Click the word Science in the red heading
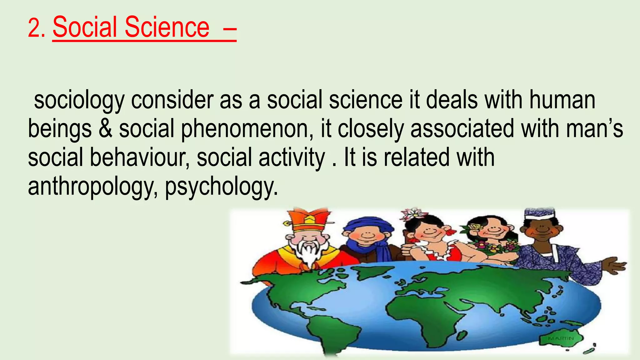point(167,27)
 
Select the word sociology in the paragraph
point(79,101)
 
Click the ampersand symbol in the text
point(105,129)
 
